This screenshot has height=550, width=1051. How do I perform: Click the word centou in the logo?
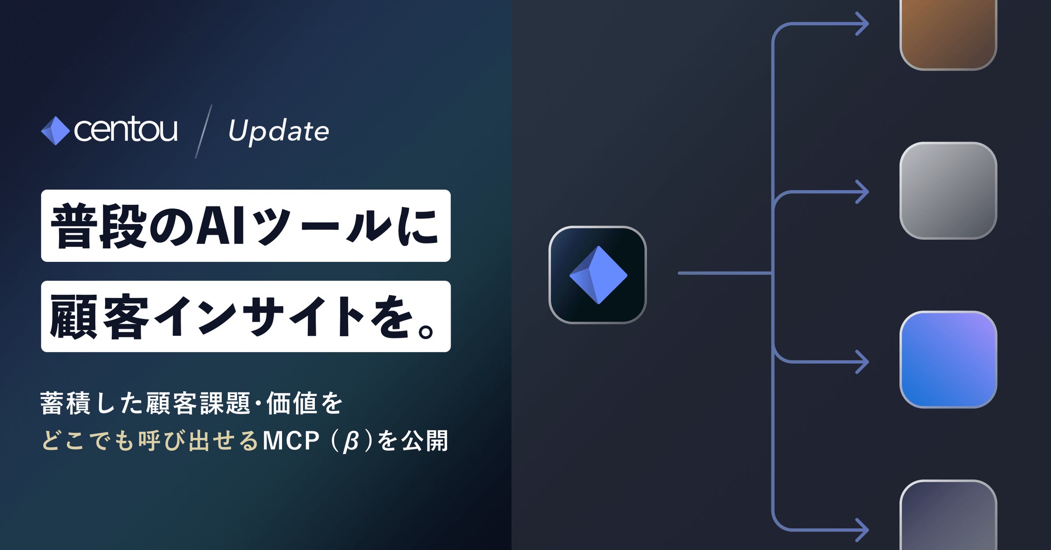tap(126, 130)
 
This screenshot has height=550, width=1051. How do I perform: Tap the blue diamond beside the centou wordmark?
tap(55, 130)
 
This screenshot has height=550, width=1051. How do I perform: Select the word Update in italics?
tap(279, 131)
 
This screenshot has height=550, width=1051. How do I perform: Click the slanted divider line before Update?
tap(204, 131)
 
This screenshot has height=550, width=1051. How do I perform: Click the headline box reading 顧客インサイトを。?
tap(246, 317)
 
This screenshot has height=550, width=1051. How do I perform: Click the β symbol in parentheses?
tap(351, 441)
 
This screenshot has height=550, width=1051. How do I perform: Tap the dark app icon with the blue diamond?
tap(598, 275)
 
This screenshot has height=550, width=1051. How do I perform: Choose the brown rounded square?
tap(948, 33)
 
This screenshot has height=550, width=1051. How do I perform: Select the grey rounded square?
tap(948, 190)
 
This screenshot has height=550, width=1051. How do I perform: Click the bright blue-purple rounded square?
tap(948, 360)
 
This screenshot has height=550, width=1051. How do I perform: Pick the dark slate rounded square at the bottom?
tap(948, 517)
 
